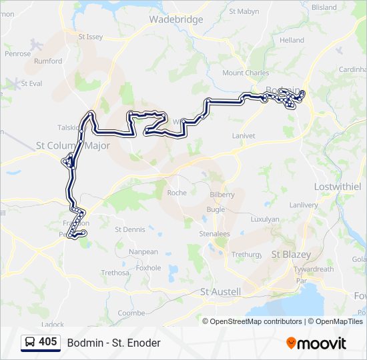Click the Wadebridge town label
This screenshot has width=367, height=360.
(x=176, y=19)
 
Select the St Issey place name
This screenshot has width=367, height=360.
(x=91, y=37)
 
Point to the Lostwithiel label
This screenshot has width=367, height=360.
(x=337, y=186)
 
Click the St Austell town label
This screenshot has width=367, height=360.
(x=220, y=291)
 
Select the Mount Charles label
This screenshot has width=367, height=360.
(x=246, y=73)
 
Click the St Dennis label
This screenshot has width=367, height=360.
(x=129, y=229)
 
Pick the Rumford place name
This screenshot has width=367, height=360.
(x=48, y=61)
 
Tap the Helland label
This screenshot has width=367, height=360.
(x=292, y=41)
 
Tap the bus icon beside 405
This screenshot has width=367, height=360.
(x=30, y=343)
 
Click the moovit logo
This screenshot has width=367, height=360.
(x=316, y=343)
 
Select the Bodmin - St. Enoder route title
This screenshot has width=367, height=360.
(x=113, y=343)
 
